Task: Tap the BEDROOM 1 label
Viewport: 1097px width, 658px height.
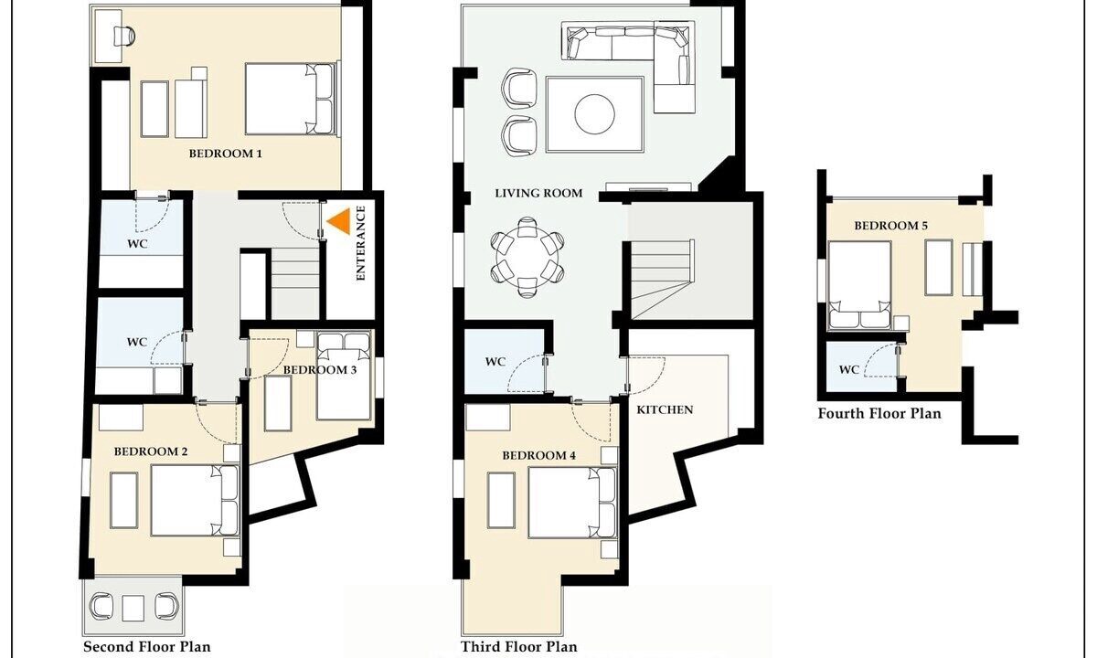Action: (x=226, y=154)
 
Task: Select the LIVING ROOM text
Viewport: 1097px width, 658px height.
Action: (x=538, y=194)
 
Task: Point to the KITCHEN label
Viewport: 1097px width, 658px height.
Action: (x=665, y=409)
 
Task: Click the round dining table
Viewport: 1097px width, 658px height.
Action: (x=527, y=258)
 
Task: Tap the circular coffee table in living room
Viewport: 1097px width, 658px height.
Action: (x=594, y=114)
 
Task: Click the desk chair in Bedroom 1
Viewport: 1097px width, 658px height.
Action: (x=124, y=37)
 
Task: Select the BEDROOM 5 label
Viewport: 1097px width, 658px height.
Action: (x=890, y=226)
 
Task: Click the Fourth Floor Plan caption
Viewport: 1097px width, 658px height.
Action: (x=879, y=414)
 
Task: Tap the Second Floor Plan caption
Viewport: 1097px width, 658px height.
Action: (x=147, y=647)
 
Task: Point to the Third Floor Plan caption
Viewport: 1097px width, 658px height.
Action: (x=518, y=647)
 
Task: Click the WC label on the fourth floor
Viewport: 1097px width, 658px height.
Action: (x=848, y=369)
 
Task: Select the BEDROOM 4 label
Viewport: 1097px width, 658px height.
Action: (x=538, y=456)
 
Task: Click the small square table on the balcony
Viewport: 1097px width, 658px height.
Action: (x=133, y=608)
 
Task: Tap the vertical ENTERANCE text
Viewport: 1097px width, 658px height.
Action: (x=361, y=244)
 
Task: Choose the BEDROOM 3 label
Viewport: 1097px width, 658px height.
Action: (x=320, y=369)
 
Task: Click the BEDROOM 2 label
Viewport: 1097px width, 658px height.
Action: (x=151, y=451)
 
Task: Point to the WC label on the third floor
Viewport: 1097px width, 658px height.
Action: (x=495, y=362)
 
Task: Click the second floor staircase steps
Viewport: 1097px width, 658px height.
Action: (x=295, y=283)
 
